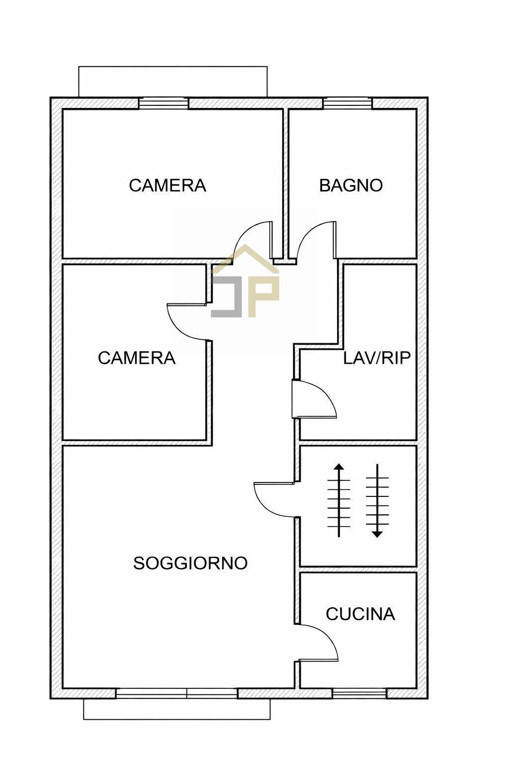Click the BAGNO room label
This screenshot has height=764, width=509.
click(x=351, y=186)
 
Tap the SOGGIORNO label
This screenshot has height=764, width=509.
click(x=190, y=563)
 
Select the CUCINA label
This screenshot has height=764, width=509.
click(x=360, y=614)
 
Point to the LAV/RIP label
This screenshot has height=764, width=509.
click(x=377, y=358)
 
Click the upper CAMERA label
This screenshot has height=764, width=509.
click(x=168, y=186)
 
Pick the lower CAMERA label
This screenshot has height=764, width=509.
click(x=137, y=358)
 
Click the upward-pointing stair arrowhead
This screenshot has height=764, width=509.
click(x=339, y=468)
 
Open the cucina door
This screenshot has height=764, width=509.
click(x=318, y=642)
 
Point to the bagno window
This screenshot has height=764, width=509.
click(x=347, y=103)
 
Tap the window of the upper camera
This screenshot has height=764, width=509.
click(x=163, y=103)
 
